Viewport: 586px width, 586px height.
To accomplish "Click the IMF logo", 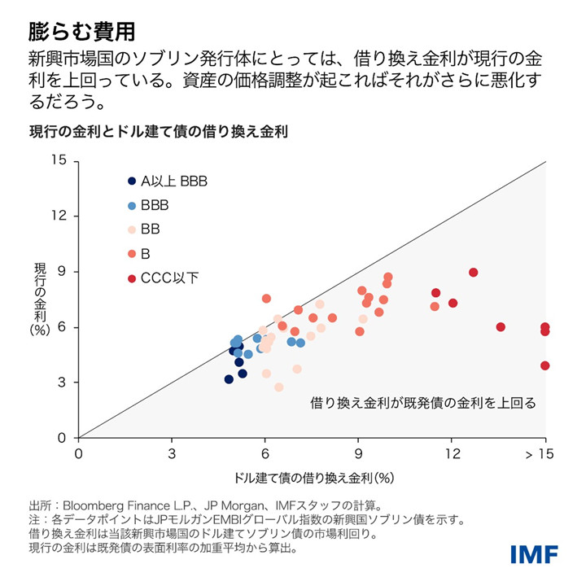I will click(x=534, y=555).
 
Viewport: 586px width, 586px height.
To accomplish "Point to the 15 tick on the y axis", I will click(x=58, y=160).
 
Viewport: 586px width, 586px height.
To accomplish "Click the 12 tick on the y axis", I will click(x=58, y=216).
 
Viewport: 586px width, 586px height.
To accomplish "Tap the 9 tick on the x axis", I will click(x=358, y=453).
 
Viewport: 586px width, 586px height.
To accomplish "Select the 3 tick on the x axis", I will click(x=172, y=453).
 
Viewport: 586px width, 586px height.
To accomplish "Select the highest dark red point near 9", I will click(x=474, y=273).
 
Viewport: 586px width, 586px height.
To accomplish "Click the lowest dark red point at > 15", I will click(x=544, y=365).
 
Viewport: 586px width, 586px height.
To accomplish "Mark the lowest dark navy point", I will click(x=229, y=379).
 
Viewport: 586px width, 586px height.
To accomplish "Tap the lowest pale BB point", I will click(x=279, y=387).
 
